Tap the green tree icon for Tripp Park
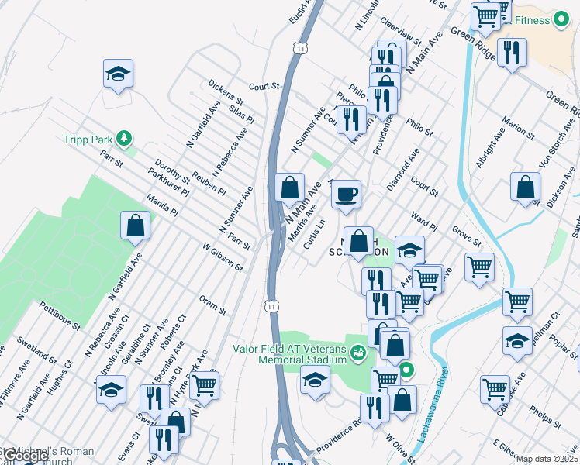123,139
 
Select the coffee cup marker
347,192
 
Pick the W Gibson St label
223,258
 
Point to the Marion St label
518,129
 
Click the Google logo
25,456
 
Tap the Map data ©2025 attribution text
547,459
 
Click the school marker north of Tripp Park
118,74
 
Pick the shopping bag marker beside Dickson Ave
526,187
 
